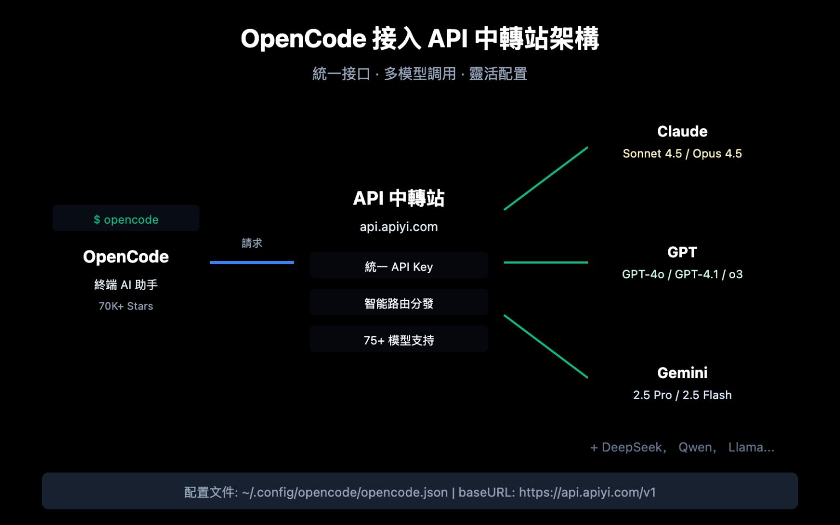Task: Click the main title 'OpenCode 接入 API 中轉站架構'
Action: click(x=419, y=39)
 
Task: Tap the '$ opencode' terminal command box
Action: click(x=126, y=219)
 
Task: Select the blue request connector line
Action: click(x=252, y=262)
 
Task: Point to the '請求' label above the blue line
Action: click(x=252, y=243)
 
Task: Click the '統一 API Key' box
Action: click(x=399, y=266)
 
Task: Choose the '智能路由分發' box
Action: click(x=399, y=302)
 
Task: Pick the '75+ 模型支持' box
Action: click(x=399, y=339)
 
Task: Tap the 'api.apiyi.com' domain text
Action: click(x=399, y=226)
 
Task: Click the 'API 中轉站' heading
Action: click(x=399, y=198)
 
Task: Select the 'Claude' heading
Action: click(x=682, y=131)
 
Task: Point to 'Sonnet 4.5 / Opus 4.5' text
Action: click(x=682, y=154)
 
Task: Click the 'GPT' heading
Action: click(x=682, y=252)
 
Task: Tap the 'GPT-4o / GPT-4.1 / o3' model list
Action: click(x=682, y=274)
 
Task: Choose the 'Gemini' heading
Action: click(x=682, y=373)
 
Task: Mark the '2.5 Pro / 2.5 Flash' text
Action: click(x=682, y=395)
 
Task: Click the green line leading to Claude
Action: click(x=546, y=178)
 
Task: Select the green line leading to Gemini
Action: click(x=546, y=346)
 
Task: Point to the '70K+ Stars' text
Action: click(x=126, y=306)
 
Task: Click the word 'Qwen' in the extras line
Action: click(x=696, y=447)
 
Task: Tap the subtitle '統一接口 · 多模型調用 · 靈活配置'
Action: click(x=419, y=74)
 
